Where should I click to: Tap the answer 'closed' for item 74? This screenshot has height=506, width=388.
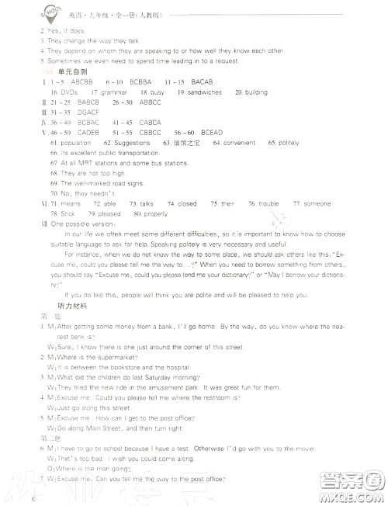(187, 203)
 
